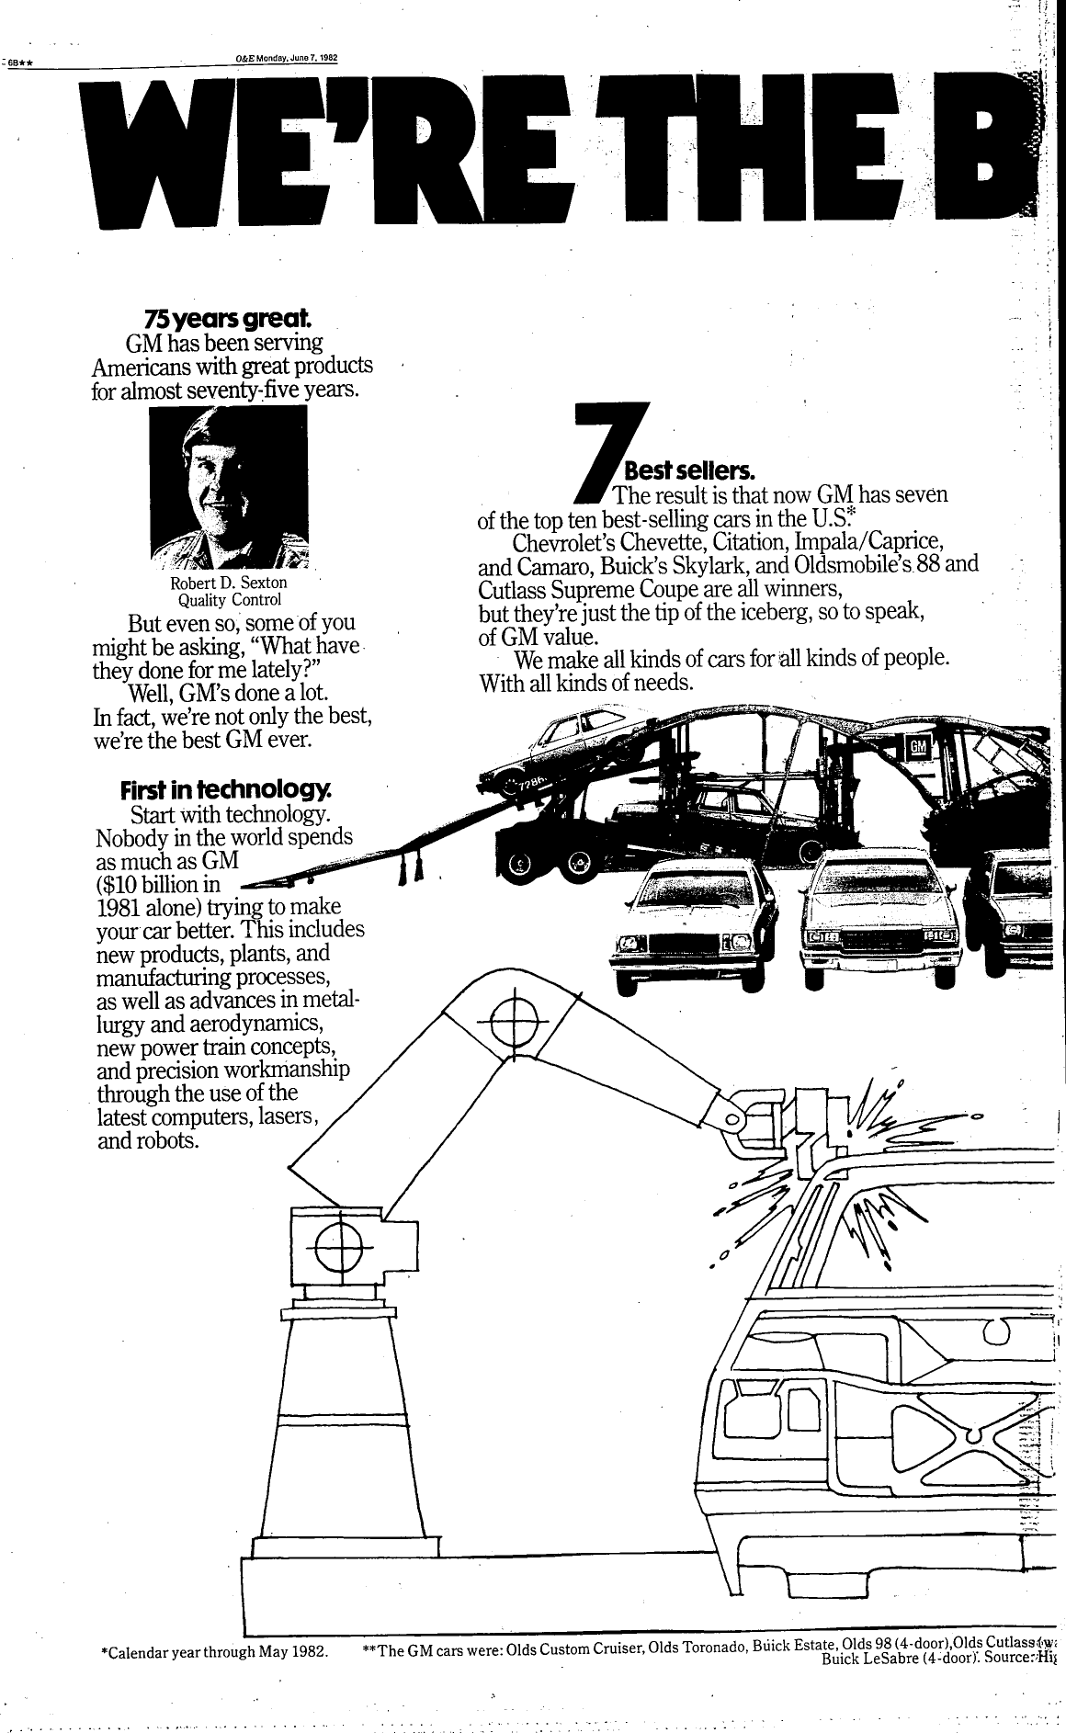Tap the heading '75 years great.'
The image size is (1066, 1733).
click(x=228, y=319)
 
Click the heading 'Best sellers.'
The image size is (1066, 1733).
click(x=688, y=473)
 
